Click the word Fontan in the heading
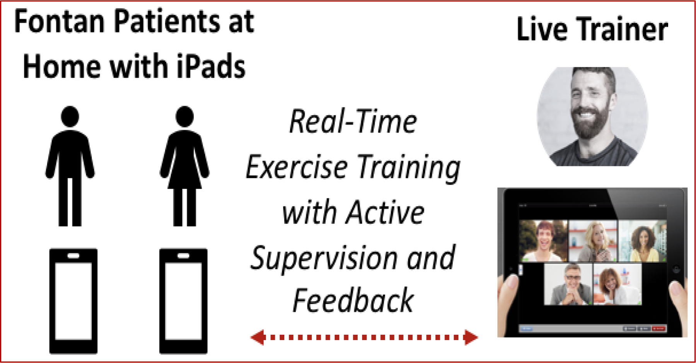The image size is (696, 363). (x=60, y=22)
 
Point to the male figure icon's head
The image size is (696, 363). (x=70, y=116)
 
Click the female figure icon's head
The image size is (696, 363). (x=184, y=116)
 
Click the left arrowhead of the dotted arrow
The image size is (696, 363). (x=258, y=337)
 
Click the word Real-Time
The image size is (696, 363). (x=353, y=121)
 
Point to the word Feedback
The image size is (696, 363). (x=353, y=300)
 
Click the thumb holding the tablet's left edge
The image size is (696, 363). (x=507, y=294)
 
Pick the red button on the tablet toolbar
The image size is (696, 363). (x=658, y=329)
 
